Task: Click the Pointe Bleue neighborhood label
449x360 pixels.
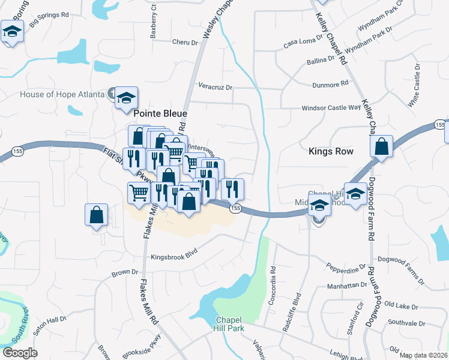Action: [160, 113]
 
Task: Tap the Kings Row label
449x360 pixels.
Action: [331, 152]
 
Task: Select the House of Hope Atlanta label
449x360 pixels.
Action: [62, 94]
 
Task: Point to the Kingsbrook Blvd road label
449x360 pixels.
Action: [174, 254]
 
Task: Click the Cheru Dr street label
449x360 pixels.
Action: [184, 43]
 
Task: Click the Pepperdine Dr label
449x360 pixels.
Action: [346, 265]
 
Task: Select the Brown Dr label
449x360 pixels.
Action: [125, 274]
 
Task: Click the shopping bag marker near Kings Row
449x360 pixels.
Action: [382, 146]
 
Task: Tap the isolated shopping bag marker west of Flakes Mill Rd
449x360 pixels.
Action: [96, 215]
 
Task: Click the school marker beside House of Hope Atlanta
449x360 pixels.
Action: [127, 98]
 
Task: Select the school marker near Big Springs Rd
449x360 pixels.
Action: [11, 31]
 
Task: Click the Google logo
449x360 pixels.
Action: [19, 353]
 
